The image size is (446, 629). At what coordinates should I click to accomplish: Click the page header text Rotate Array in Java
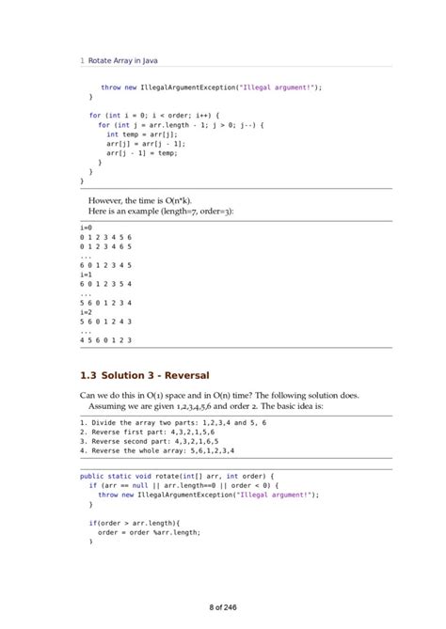tap(122, 60)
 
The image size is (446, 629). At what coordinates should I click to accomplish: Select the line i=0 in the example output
tap(86, 228)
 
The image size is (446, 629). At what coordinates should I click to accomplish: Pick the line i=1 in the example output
tap(86, 274)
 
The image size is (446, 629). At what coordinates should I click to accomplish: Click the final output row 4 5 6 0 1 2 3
tap(105, 339)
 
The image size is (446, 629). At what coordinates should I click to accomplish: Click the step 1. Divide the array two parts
tap(173, 423)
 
